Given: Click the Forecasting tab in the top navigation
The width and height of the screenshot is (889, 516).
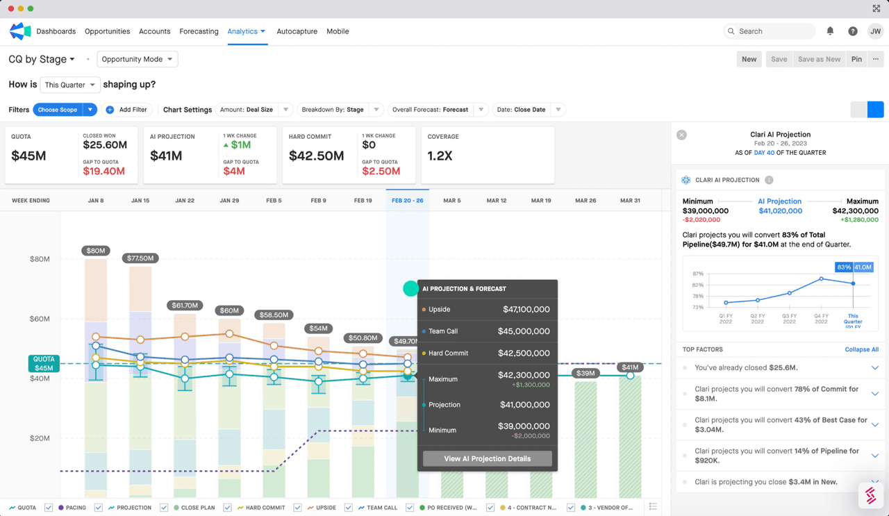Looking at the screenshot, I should tap(199, 31).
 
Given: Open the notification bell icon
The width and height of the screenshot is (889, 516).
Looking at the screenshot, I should tap(830, 31).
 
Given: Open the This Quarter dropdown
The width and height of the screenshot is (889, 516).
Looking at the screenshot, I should tap(69, 85).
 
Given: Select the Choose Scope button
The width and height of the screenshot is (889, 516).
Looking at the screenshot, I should tap(58, 110).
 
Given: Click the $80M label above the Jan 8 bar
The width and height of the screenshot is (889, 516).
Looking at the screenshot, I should tap(96, 251).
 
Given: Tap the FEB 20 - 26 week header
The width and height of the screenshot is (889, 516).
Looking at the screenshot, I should tap(407, 201).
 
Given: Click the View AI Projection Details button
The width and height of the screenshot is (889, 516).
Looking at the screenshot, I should tap(487, 458).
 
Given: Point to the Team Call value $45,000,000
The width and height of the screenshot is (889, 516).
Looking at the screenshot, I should tap(524, 331).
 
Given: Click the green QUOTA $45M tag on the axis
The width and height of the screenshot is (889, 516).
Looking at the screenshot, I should tap(43, 363).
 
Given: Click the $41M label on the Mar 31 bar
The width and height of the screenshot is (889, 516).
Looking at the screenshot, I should tap(630, 367).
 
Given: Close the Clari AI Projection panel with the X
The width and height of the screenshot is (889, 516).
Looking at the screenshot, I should tap(681, 135).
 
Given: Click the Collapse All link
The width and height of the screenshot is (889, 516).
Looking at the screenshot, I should tap(861, 349).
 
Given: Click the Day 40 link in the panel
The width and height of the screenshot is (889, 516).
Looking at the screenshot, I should tap(764, 153).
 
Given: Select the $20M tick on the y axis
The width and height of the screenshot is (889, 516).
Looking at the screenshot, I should tap(40, 438).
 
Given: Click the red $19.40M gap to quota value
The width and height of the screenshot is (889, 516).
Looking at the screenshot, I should tap(103, 171).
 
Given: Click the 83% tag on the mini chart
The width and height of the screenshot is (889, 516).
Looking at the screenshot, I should tap(844, 267).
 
